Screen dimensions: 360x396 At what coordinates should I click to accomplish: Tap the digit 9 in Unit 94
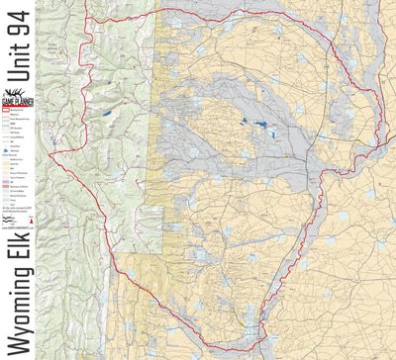click(x=18, y=41)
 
